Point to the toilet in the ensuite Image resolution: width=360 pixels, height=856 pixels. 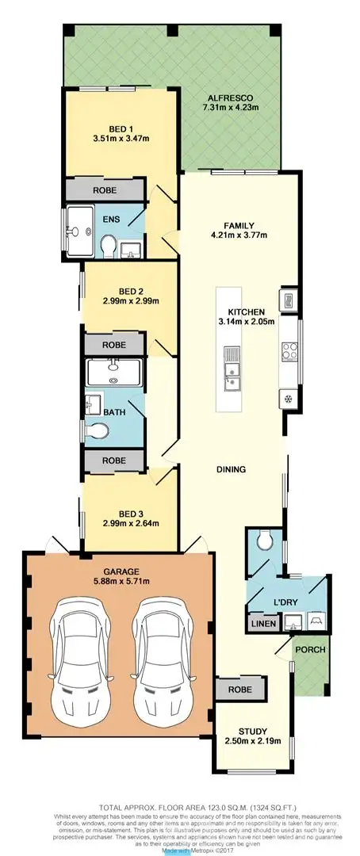coord(109,243)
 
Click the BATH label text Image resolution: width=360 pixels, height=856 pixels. coord(115,411)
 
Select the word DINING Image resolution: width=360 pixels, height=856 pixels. coord(231,469)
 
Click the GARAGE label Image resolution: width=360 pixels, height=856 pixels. coord(121,571)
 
